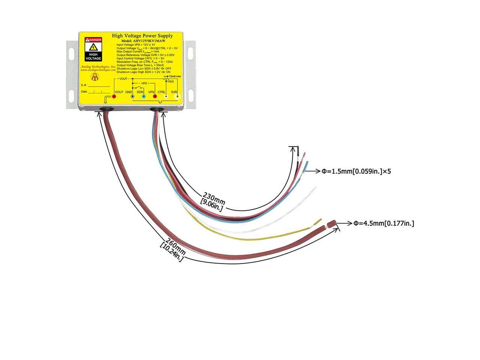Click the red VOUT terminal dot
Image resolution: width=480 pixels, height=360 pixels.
(x=114, y=97)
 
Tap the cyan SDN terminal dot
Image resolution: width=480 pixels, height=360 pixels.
(x=144, y=97)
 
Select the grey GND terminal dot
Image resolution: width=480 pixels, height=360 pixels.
(x=132, y=97)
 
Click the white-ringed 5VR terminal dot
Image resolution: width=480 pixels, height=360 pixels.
(x=178, y=97)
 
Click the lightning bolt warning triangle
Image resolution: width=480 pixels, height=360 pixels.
(x=93, y=47)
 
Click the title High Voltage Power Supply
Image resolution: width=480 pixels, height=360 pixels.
(x=142, y=36)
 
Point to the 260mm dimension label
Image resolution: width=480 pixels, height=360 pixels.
(x=175, y=244)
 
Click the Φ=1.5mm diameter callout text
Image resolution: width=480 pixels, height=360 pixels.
(x=356, y=171)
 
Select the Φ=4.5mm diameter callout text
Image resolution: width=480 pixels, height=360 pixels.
(x=384, y=223)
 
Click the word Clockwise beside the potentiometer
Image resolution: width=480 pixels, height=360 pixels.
(x=175, y=76)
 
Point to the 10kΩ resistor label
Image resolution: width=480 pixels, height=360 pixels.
(x=170, y=81)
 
